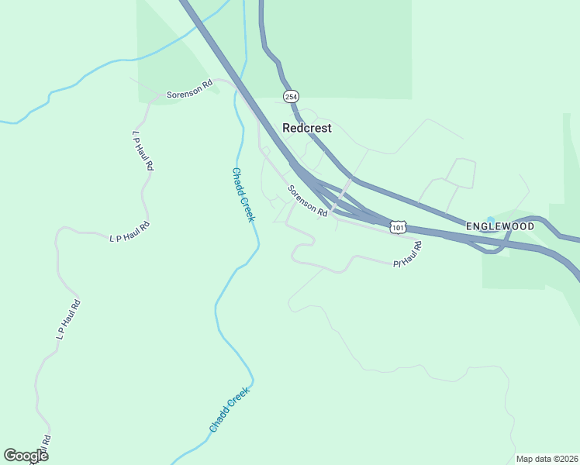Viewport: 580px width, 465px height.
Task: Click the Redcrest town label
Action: click(307, 128)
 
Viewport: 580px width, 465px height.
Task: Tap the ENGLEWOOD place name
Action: click(500, 226)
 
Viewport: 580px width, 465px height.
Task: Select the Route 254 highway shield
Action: click(291, 97)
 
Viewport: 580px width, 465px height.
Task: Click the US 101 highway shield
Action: click(398, 228)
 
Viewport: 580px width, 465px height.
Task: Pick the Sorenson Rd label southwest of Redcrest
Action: click(307, 201)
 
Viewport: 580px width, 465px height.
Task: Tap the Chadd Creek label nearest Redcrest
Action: click(243, 195)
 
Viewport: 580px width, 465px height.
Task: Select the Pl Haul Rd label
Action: click(407, 254)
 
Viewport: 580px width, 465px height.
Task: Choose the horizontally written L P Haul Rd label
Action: click(129, 232)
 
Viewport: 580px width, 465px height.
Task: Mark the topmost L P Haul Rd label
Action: click(143, 150)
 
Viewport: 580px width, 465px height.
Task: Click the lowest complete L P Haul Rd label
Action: click(69, 319)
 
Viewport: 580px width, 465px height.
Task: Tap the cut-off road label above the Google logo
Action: click(46, 441)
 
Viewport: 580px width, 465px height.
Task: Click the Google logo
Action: click(26, 456)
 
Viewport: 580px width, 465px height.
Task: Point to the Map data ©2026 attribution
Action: click(546, 459)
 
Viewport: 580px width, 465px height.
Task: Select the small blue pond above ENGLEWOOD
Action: click(489, 220)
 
